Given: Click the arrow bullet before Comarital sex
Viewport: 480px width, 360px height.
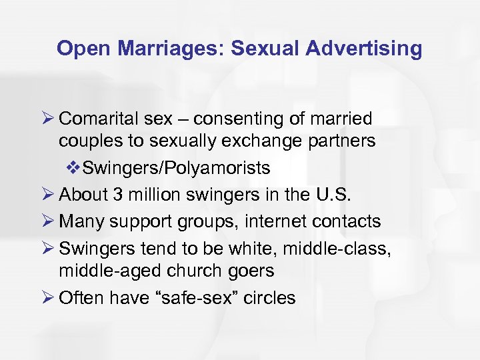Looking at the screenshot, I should click(x=47, y=119).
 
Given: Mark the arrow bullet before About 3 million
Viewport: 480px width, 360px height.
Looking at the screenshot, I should click(x=47, y=195).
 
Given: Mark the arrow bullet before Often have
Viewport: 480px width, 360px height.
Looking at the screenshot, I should click(x=47, y=297).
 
